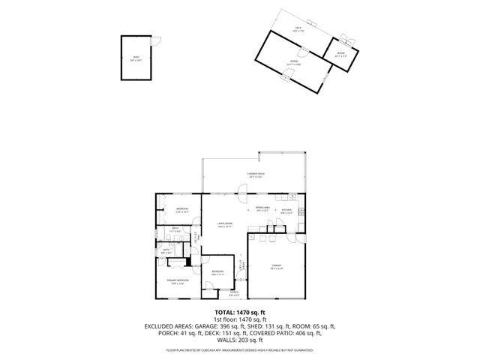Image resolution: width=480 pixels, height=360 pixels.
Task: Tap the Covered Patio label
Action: coord(256,175)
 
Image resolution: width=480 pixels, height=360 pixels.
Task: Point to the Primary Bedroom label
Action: coord(177,281)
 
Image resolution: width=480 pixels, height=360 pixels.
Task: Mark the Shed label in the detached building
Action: coord(136,57)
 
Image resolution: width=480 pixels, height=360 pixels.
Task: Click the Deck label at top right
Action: coord(298,29)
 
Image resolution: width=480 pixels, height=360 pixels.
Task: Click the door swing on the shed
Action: coord(155,42)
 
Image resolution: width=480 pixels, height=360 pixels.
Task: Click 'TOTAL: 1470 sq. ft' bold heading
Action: coord(240,311)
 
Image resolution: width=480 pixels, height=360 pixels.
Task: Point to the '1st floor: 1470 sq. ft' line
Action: coord(240,319)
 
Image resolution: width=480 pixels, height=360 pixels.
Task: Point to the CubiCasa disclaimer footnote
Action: coord(240,349)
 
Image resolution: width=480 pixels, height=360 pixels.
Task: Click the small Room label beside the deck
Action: coord(340,53)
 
